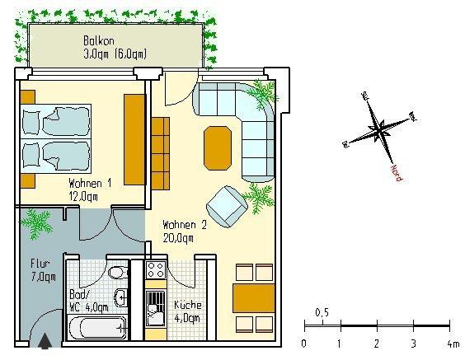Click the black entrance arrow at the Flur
pos(45,339)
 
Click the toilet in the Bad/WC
pos(118,271)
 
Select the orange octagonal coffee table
pos(218,146)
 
